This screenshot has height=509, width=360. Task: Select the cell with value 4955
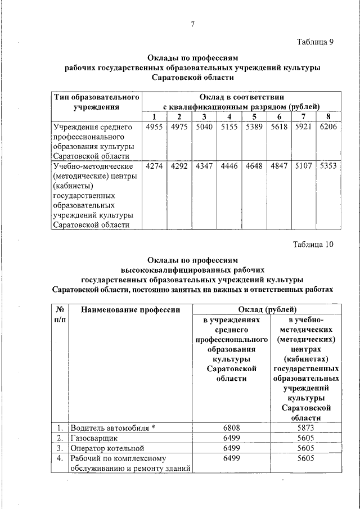pyautogui.click(x=154, y=127)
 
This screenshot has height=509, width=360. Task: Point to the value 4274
pyautogui.click(x=154, y=166)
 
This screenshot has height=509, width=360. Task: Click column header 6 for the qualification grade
pyautogui.click(x=278, y=116)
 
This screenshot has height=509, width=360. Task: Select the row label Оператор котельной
pyautogui.click(x=107, y=448)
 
